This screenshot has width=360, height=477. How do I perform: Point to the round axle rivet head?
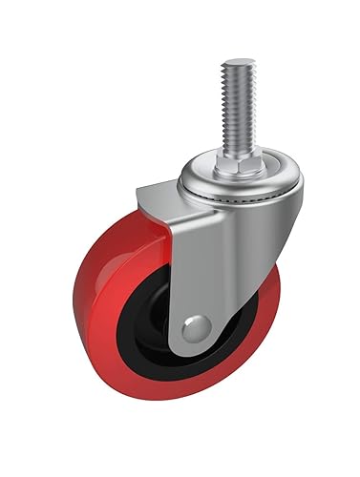[193, 328]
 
